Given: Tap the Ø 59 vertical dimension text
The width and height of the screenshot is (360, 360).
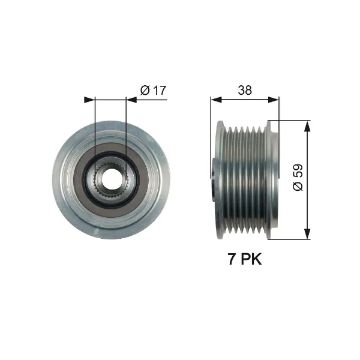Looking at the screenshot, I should (298, 178).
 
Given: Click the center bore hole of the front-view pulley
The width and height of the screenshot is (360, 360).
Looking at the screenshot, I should (110, 178).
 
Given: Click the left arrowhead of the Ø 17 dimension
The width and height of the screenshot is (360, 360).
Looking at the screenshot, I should (91, 98).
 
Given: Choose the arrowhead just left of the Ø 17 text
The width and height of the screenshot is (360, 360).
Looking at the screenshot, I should (131, 98).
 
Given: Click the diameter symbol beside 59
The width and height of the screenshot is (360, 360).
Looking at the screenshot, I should (298, 187).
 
